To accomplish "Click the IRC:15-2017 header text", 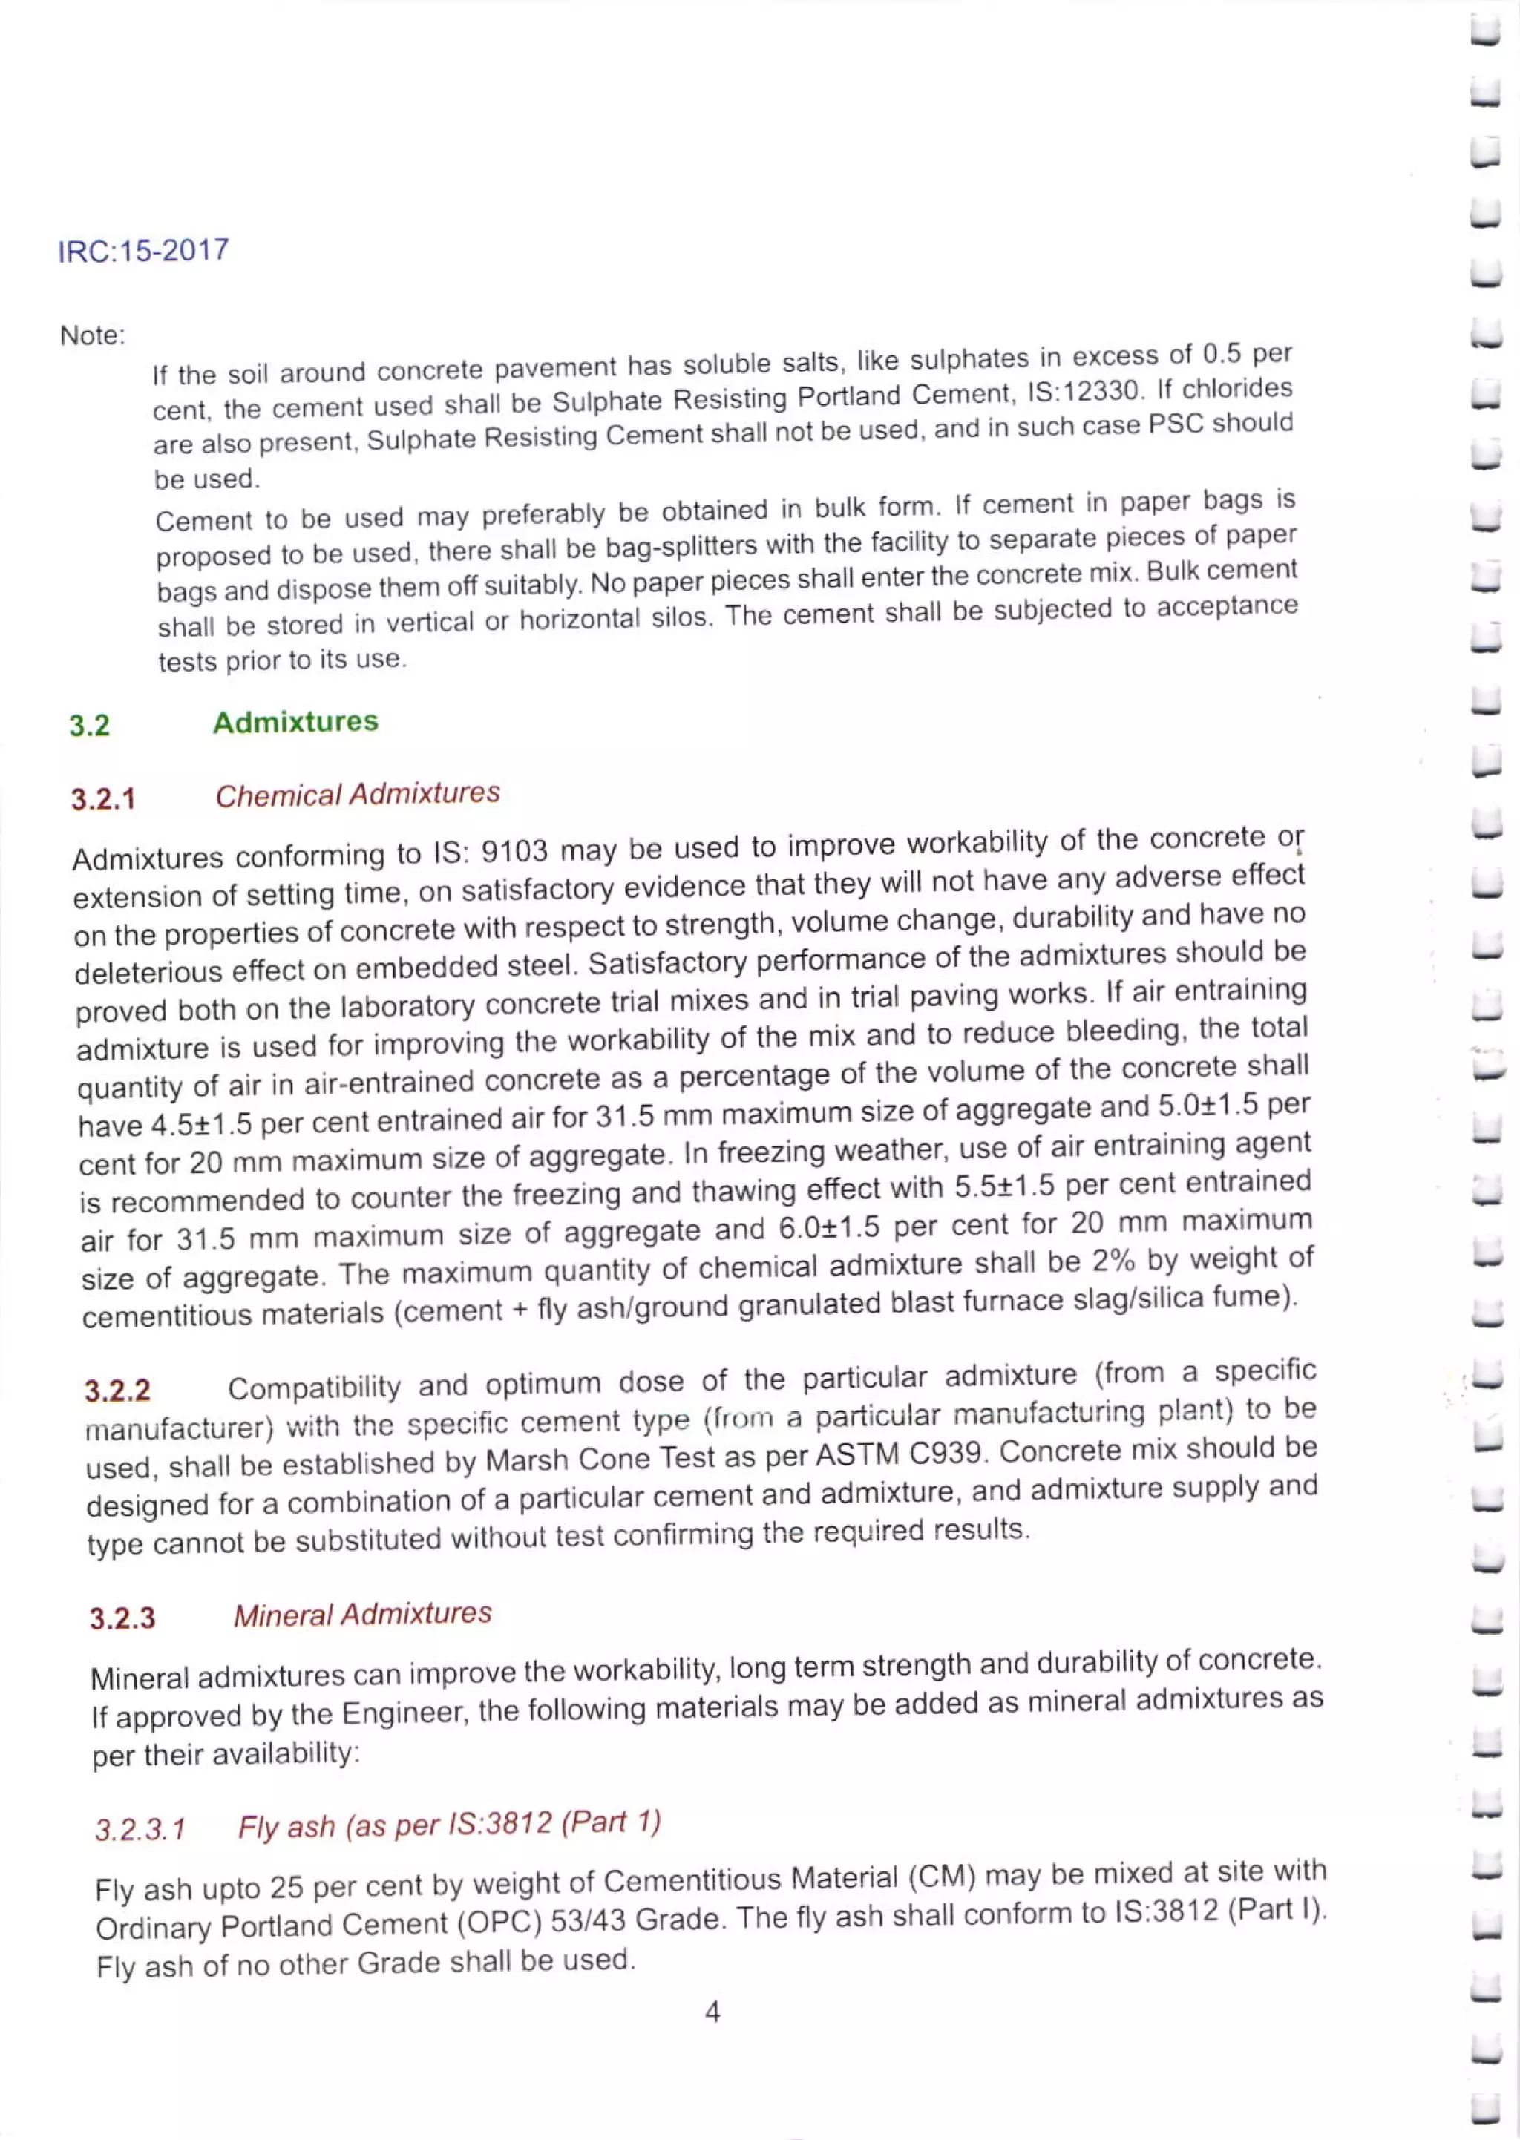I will coord(143,251).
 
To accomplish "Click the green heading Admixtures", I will coord(295,721).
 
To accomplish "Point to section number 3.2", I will coord(89,725).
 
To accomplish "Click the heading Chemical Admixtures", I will coord(358,795).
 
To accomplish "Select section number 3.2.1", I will coord(103,799).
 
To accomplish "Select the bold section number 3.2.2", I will coord(117,1391).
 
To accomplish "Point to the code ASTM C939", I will coord(901,1453).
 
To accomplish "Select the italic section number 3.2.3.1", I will coord(140,1829).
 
